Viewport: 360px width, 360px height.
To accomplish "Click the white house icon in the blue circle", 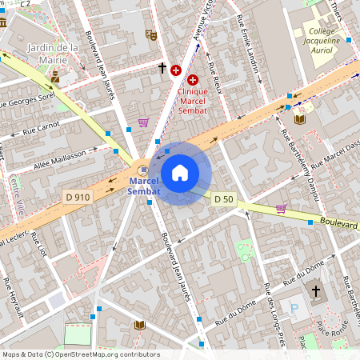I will tap(180, 172).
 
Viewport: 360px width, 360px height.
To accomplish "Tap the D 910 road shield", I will tap(74, 196).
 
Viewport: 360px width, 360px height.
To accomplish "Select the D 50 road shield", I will tap(224, 199).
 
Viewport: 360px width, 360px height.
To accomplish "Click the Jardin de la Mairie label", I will tap(53, 53).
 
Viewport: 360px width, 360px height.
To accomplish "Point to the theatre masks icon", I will tap(150, 34).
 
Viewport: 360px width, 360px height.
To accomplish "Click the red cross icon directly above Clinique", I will tap(192, 80).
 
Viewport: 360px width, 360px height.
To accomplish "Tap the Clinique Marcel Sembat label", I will tap(192, 102).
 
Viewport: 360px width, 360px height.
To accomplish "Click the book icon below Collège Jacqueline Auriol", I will tap(300, 119).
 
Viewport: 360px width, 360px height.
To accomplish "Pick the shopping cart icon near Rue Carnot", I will tap(143, 122).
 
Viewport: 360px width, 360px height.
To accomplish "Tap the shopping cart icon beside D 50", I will tap(281, 208).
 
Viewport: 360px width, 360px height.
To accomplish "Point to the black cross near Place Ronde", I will tap(315, 290).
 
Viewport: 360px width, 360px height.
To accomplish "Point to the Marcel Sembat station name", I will tap(144, 186).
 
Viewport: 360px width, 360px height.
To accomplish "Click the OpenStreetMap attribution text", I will tap(80, 354).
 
